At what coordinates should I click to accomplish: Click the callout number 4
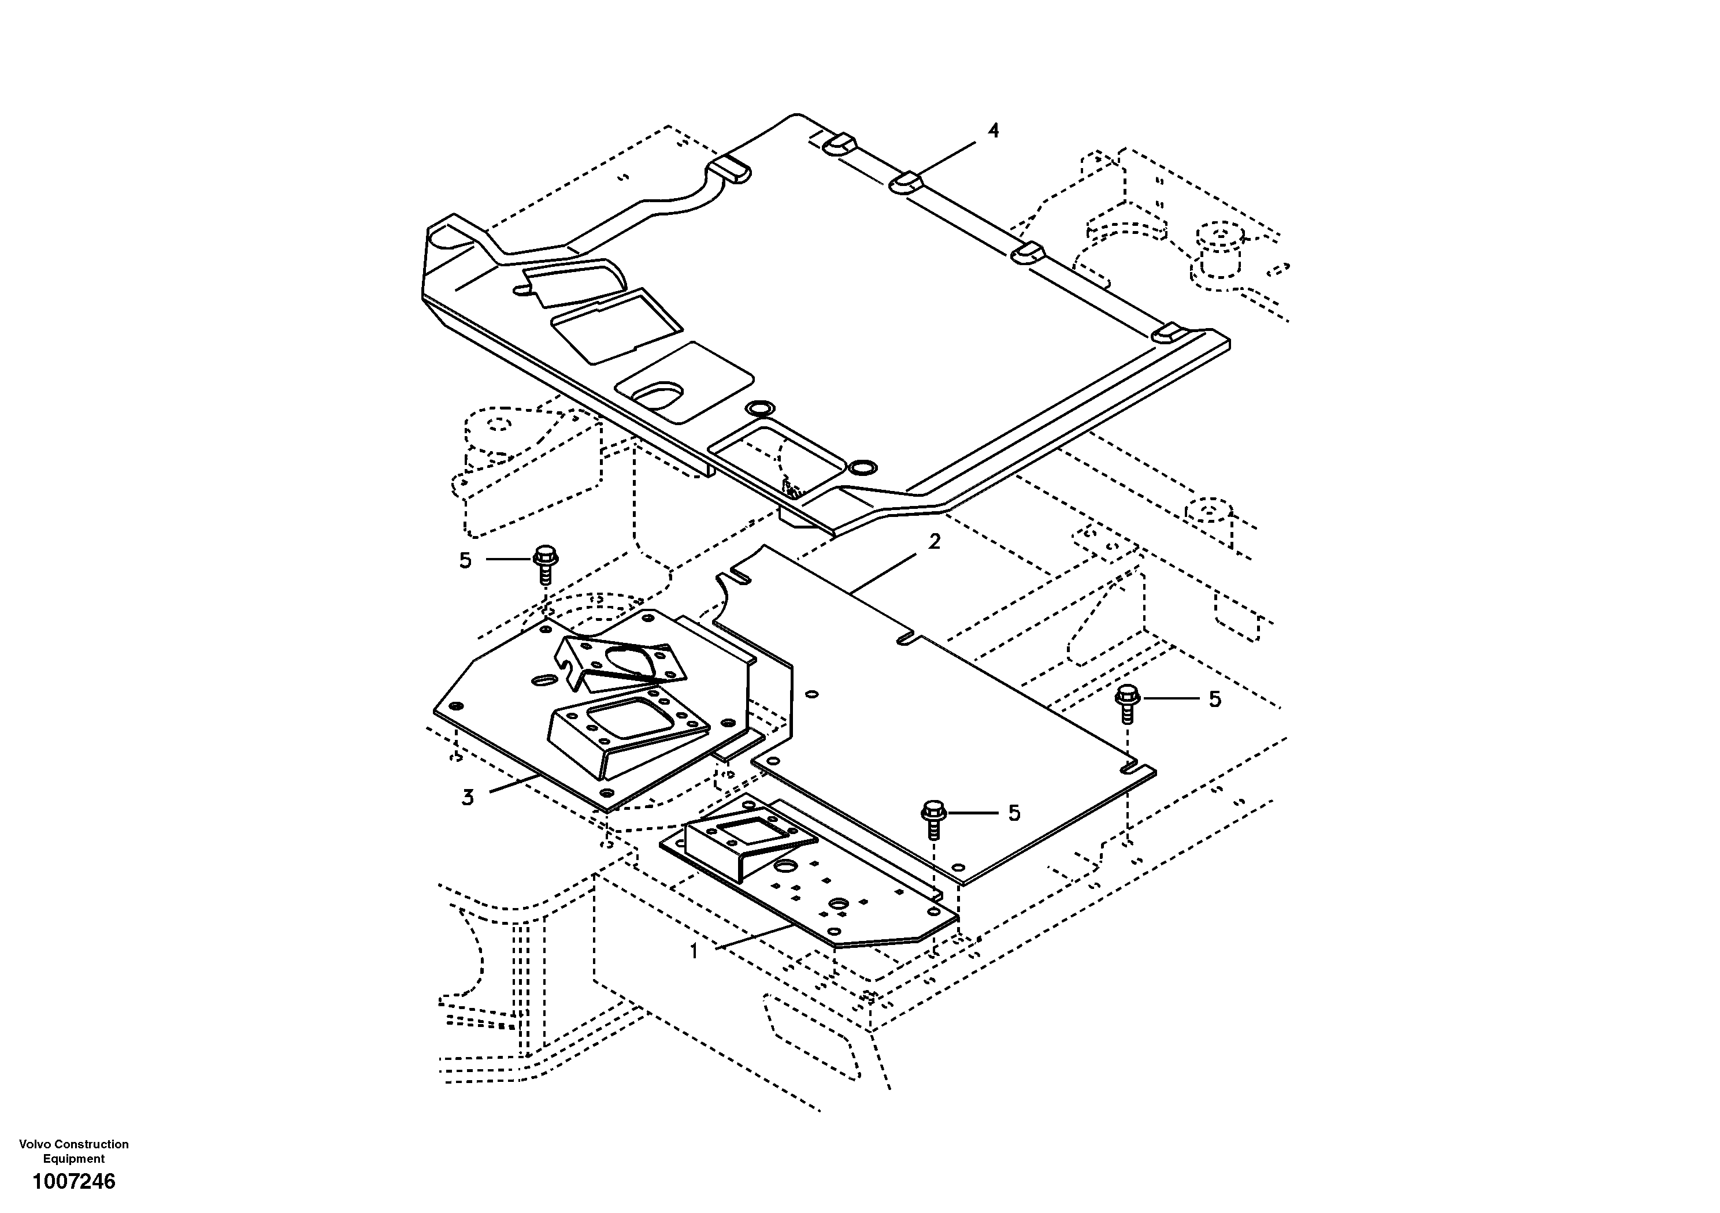click(x=994, y=131)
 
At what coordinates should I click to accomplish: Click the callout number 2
click(x=934, y=541)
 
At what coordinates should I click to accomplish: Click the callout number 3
click(x=468, y=798)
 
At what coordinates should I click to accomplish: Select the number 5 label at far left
click(x=465, y=560)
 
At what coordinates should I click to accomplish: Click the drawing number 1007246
click(x=73, y=1182)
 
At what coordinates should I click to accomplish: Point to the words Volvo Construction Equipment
click(x=73, y=1151)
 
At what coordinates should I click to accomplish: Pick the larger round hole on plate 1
click(x=786, y=866)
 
